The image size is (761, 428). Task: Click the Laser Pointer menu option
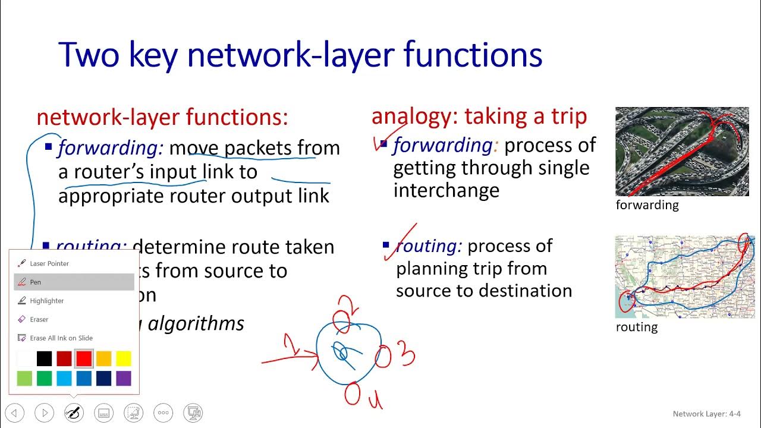(x=49, y=263)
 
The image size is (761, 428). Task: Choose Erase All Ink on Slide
(x=61, y=338)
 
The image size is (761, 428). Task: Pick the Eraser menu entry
(x=39, y=319)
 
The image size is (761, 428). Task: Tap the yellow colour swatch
(x=124, y=358)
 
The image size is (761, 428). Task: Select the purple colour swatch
(x=124, y=379)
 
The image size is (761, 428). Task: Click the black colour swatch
(x=45, y=358)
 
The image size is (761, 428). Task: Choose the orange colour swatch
(x=103, y=358)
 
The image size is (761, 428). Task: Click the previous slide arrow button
(x=15, y=413)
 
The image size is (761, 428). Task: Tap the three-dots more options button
(x=163, y=413)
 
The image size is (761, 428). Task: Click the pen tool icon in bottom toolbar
(x=74, y=413)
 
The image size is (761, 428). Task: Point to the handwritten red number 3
(x=406, y=355)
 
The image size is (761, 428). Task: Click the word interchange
(x=446, y=191)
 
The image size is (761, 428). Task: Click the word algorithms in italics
(x=196, y=324)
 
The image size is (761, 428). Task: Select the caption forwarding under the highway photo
(x=647, y=205)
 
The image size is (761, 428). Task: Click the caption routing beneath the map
(x=636, y=327)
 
